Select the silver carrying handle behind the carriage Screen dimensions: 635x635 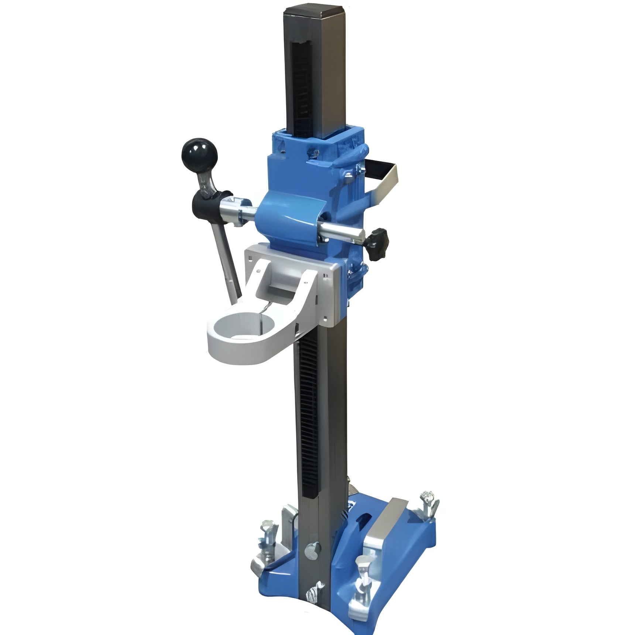coord(384,178)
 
